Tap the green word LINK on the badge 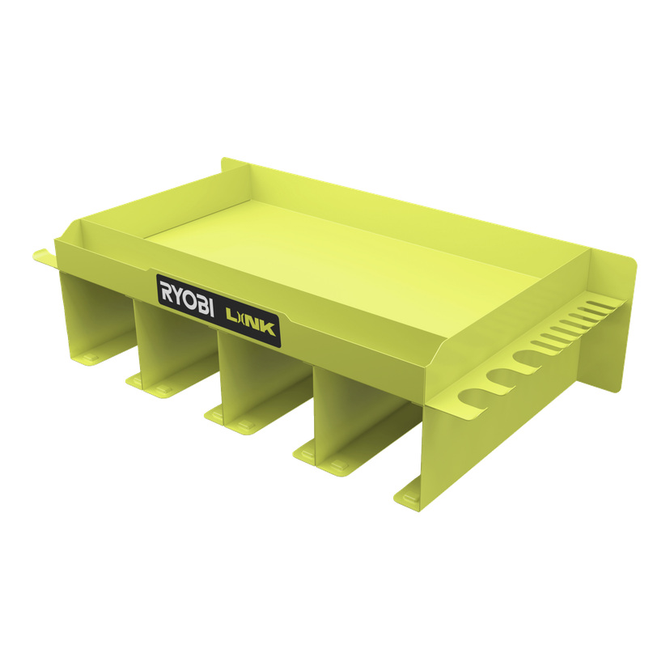point(250,322)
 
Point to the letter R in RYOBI point(166,289)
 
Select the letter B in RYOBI point(201,303)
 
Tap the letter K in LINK point(269,329)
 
